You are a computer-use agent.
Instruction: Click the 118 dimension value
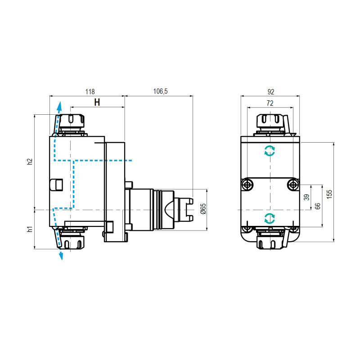click(90, 91)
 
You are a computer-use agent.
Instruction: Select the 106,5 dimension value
click(160, 91)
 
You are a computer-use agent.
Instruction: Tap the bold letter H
click(97, 102)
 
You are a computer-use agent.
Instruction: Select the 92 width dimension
click(270, 91)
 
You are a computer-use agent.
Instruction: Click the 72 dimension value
click(270, 103)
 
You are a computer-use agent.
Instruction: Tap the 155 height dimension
click(329, 193)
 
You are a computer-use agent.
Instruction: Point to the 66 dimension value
click(318, 206)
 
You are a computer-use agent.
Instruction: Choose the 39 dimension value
click(307, 197)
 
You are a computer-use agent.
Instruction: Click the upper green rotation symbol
click(270, 151)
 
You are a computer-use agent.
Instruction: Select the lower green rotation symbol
click(270, 219)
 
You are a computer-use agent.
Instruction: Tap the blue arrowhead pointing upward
click(58, 106)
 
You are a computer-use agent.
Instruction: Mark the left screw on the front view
click(247, 184)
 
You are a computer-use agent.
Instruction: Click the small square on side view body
click(56, 184)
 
